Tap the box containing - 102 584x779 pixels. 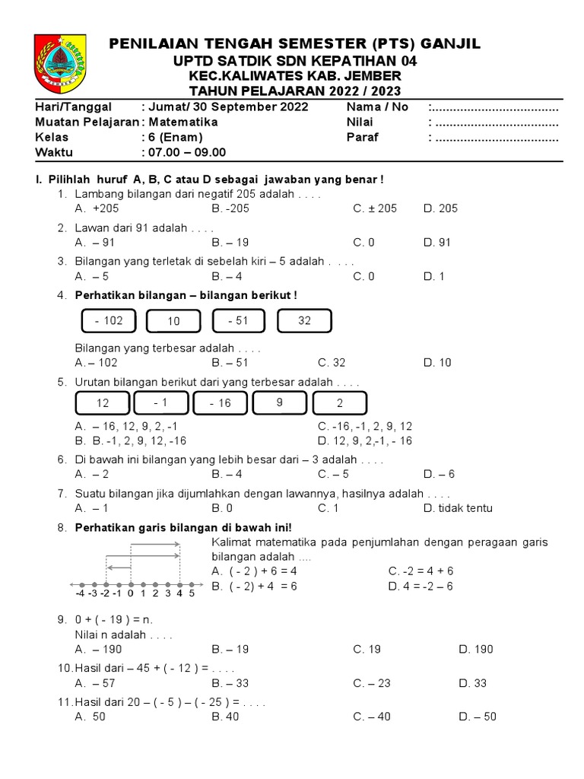(x=108, y=321)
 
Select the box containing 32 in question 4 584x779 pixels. (x=304, y=321)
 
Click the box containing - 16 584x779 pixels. (x=220, y=403)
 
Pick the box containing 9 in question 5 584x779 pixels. (x=279, y=402)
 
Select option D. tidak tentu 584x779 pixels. (x=458, y=508)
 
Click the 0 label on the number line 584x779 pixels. (x=130, y=593)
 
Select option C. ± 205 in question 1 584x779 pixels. (x=375, y=208)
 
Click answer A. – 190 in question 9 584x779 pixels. (x=98, y=649)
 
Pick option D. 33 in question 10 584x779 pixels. (x=472, y=683)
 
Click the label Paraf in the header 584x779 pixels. (x=362, y=137)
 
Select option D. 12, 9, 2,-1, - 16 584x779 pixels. (x=365, y=440)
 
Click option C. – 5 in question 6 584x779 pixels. (x=370, y=473)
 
